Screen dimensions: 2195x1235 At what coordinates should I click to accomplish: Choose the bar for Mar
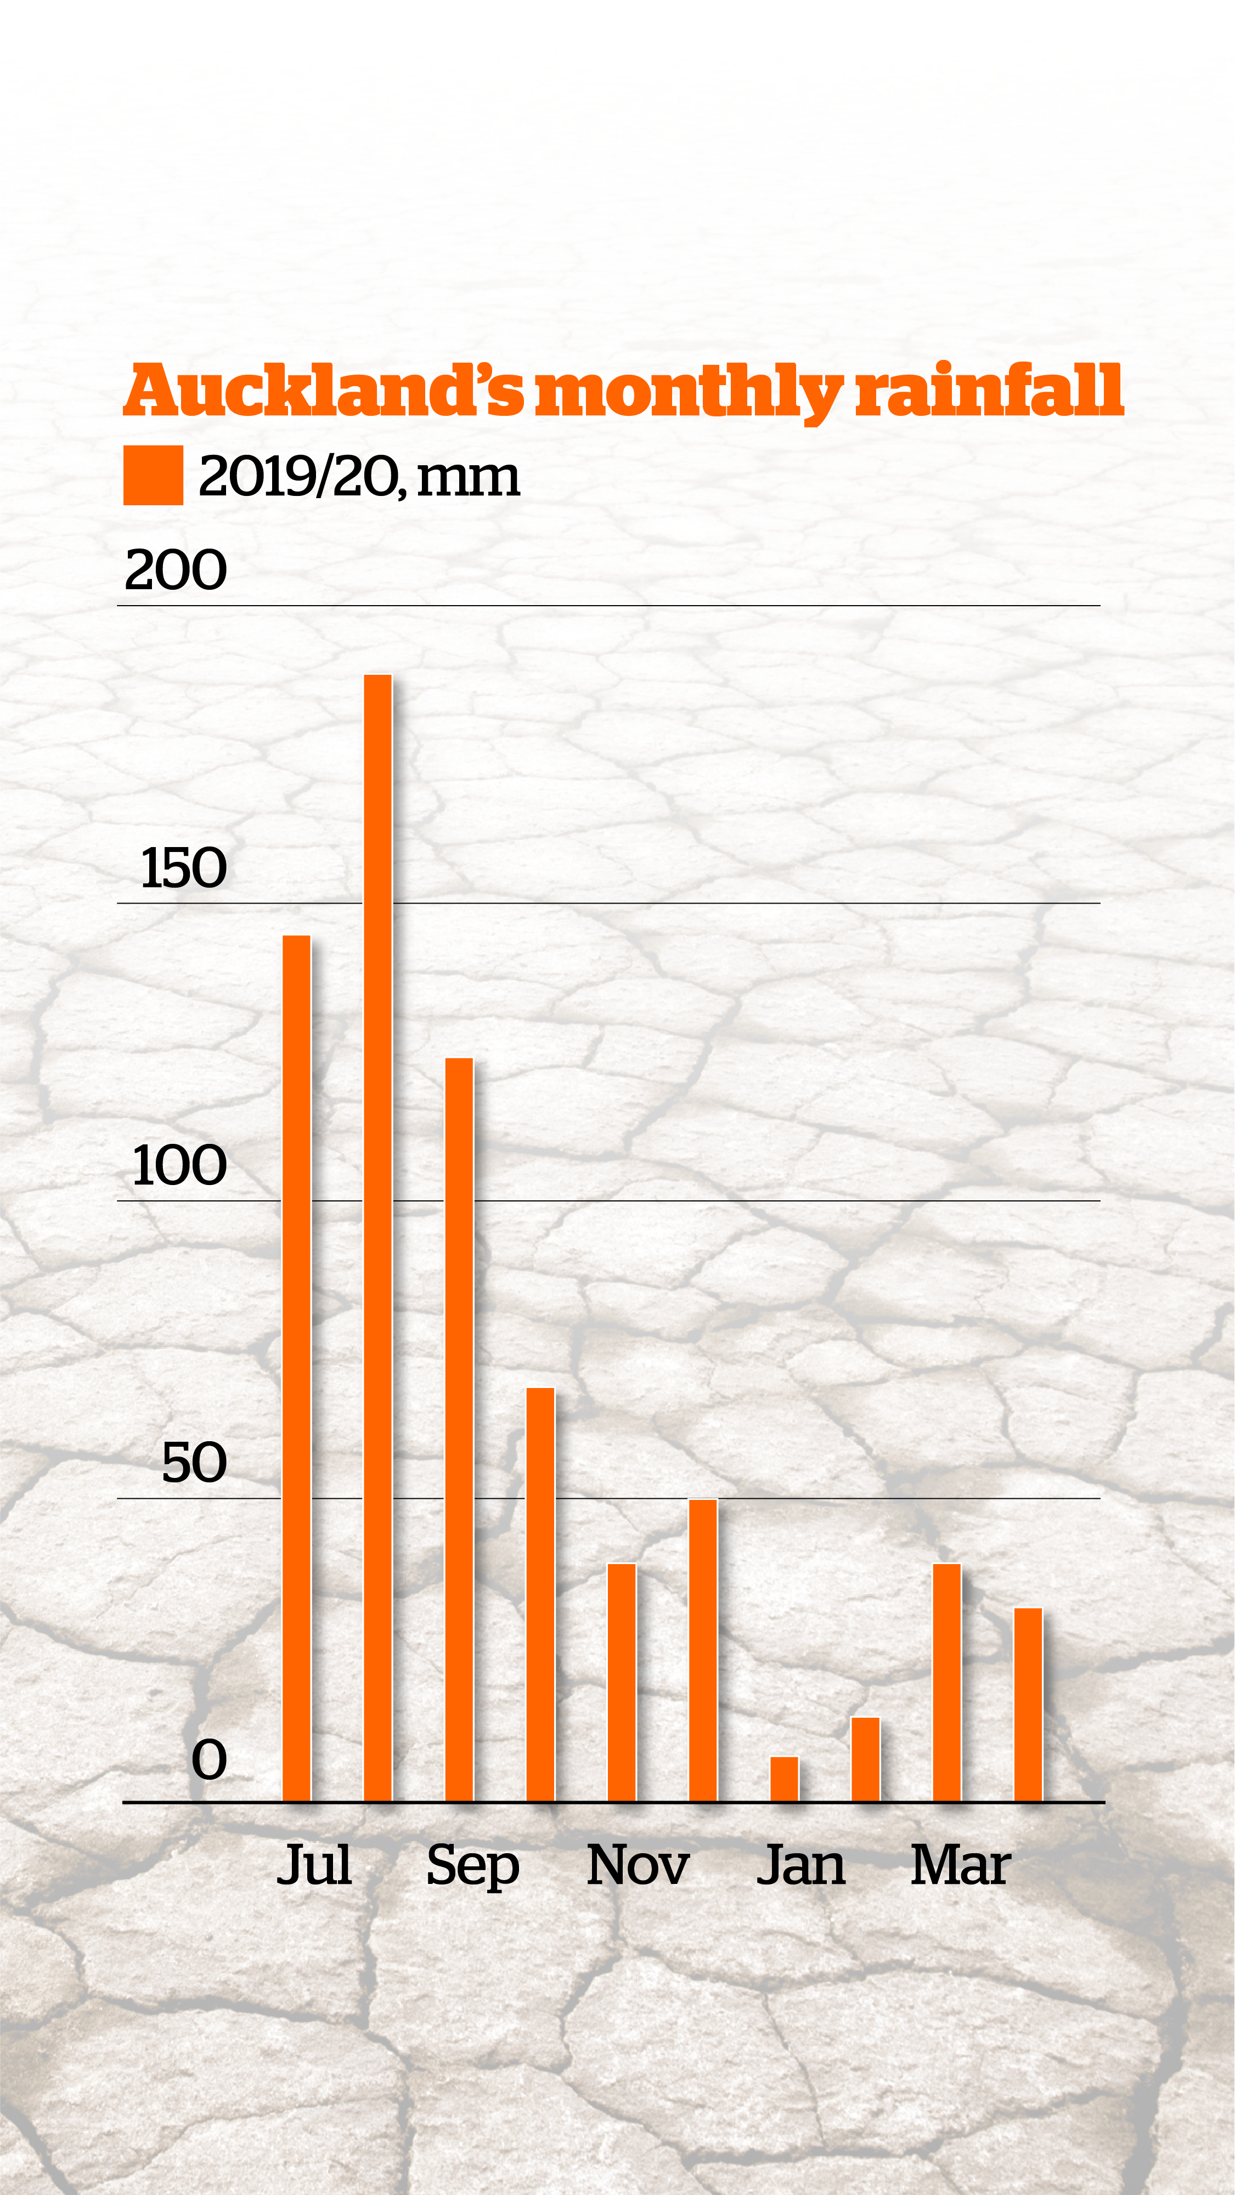pyautogui.click(x=947, y=1683)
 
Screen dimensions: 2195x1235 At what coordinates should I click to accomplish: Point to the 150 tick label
pyautogui.click(x=183, y=868)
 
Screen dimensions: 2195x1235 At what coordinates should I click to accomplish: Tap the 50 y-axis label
pyautogui.click(x=194, y=1463)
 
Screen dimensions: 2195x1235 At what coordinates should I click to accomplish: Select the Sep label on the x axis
pyautogui.click(x=473, y=1866)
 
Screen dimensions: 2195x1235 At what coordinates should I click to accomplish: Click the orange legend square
pyautogui.click(x=154, y=476)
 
